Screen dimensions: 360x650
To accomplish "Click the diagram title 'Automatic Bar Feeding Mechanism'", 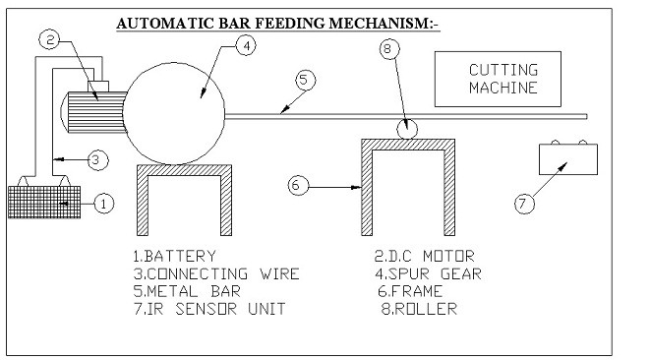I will [276, 23].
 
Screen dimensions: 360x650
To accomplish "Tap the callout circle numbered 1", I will [105, 204].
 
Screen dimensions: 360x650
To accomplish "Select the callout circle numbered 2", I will [51, 40].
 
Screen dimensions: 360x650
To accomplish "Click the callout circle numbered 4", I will [247, 45].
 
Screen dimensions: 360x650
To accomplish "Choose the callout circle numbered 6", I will [300, 184].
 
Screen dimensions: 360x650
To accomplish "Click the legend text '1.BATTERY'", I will [174, 256].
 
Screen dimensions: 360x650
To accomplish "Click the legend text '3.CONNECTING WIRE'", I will [215, 273].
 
